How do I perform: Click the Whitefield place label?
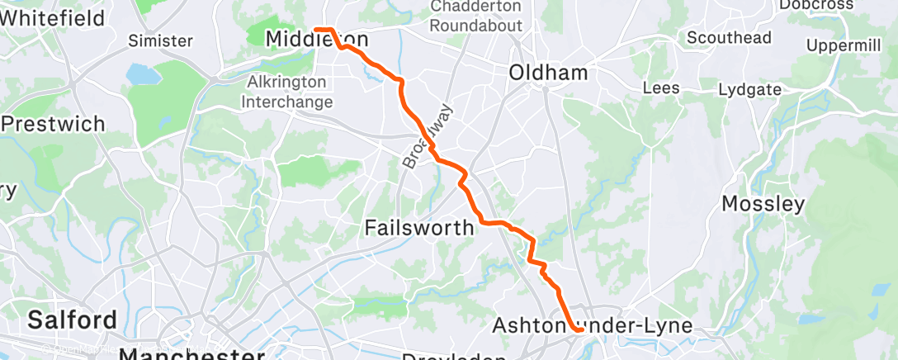pos(54,16)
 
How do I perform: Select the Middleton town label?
pos(316,39)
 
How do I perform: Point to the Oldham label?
pos(548,73)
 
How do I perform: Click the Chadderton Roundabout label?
pos(476,16)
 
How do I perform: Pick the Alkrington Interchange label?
pos(291,92)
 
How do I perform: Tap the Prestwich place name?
pos(55,124)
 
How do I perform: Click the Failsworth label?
pos(419,227)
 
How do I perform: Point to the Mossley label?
pos(763,203)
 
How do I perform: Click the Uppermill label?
pos(844,45)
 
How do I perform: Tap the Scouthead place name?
pos(729,37)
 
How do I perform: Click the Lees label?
pos(661,88)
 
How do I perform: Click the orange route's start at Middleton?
pos(317,31)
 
